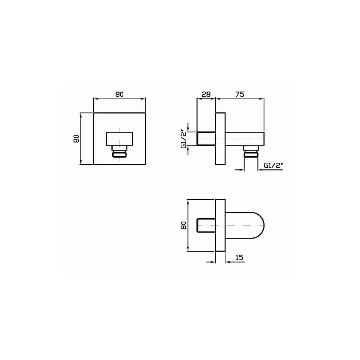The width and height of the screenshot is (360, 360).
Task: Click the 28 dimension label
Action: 206,94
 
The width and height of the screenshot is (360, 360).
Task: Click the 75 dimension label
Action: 240,94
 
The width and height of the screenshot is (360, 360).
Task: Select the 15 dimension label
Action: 239,257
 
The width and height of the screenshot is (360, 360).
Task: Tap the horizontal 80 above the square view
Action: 119,94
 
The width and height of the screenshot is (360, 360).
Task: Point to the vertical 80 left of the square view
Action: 76,139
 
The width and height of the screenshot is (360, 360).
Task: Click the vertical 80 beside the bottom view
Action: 184,225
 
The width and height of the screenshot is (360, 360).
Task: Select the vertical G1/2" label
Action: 184,139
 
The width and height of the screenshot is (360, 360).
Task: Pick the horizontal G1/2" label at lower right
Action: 273,165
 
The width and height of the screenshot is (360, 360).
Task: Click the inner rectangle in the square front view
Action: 119,139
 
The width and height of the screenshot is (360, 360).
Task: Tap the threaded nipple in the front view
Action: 119,152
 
